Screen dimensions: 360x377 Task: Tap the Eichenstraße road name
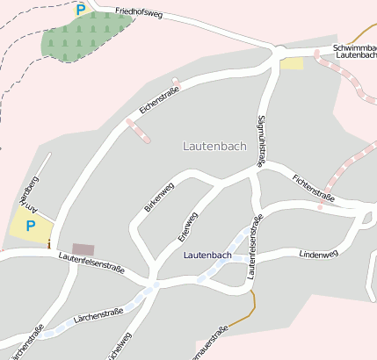[x=158, y=98]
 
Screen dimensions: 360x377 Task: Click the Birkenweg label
[x=158, y=198]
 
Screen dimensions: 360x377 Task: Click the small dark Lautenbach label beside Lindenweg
[x=207, y=256]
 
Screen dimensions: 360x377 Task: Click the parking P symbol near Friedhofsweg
[x=81, y=10]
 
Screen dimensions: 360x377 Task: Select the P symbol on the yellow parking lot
[x=31, y=226]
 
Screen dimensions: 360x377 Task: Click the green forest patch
[x=83, y=38]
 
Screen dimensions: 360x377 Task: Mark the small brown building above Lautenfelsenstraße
[x=83, y=249]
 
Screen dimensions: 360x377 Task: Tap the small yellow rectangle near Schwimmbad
[x=292, y=63]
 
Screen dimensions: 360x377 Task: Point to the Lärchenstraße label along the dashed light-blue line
[x=98, y=315]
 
